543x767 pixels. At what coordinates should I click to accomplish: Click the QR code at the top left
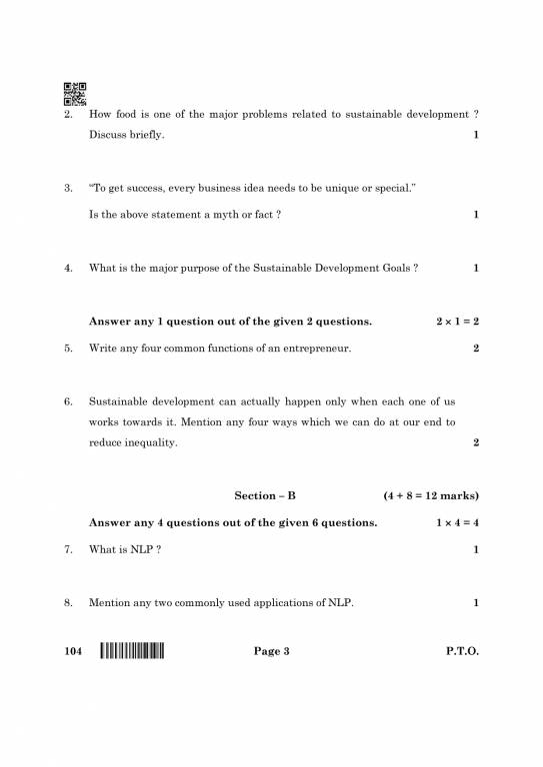75,93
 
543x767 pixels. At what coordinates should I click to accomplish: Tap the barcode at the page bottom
132,652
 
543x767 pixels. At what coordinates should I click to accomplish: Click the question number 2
68,115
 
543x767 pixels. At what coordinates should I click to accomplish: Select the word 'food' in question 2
127,115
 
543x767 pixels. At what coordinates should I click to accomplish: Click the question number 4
68,268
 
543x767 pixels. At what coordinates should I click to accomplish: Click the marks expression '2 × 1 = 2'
457,322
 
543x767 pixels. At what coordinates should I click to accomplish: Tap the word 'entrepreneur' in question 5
318,349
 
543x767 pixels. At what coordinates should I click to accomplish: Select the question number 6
68,401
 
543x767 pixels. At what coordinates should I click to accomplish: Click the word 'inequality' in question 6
149,442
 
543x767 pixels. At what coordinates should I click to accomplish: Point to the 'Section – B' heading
265,495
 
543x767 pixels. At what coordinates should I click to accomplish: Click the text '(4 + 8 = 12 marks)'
430,495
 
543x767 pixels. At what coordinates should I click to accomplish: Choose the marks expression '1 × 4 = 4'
457,522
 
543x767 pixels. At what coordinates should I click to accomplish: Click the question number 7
68,549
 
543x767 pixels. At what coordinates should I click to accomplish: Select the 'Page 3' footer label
271,652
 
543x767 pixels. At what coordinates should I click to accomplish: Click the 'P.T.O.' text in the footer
462,652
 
